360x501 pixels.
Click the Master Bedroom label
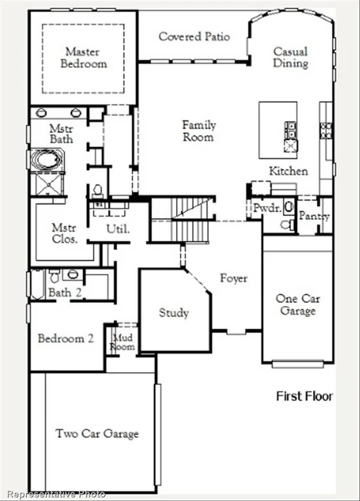point(83,58)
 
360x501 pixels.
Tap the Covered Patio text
point(194,37)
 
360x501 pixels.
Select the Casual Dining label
point(291,57)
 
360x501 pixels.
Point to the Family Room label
point(199,131)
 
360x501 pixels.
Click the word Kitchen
point(289,171)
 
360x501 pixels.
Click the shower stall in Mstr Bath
point(48,184)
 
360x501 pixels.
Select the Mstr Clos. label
point(64,233)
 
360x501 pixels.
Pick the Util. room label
point(118,229)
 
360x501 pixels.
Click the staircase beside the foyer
point(182,220)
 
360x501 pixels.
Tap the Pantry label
point(314,216)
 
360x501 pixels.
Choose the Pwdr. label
point(267,208)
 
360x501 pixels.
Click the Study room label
point(173,313)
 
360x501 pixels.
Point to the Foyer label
point(234,279)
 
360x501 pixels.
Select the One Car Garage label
point(298,305)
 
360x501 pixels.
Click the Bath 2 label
point(65,292)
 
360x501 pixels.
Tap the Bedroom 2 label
point(66,338)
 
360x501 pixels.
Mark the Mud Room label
point(122,342)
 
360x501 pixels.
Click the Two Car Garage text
point(97,434)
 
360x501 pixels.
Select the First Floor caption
point(304,396)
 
